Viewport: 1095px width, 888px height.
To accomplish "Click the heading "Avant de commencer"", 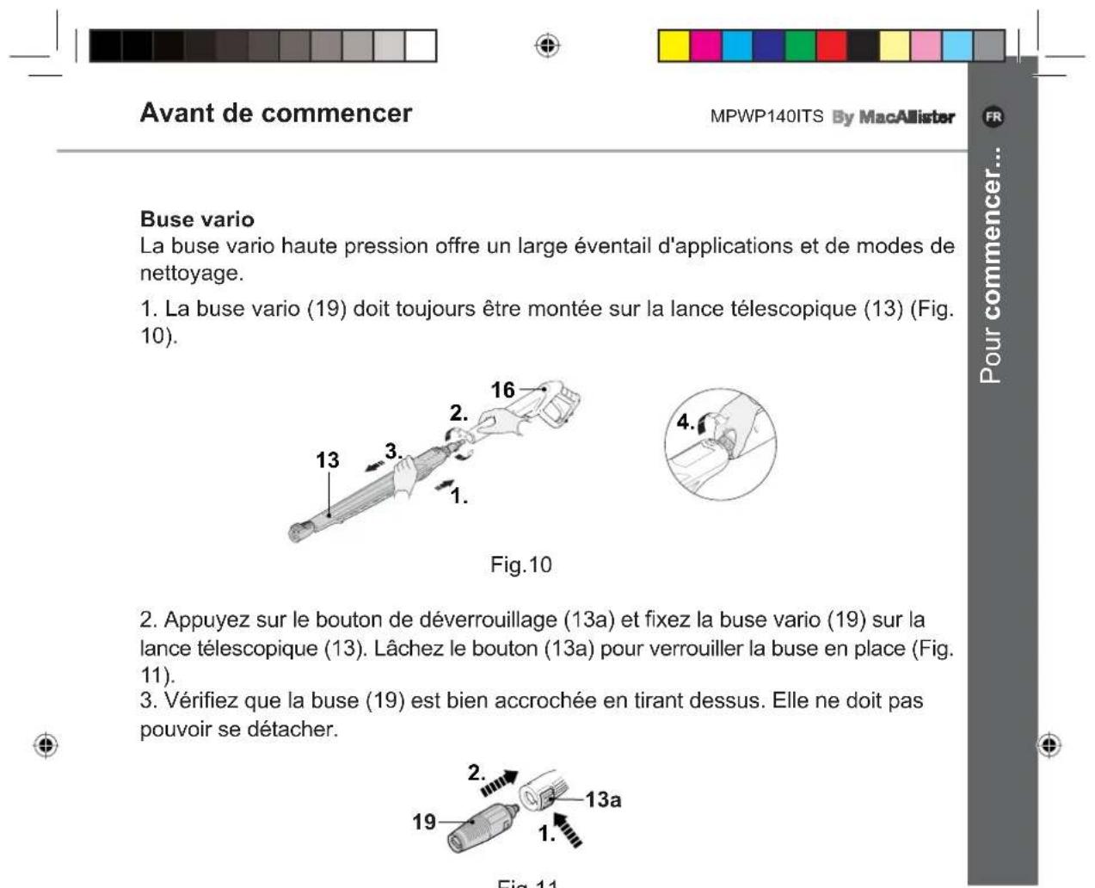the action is [x=276, y=113].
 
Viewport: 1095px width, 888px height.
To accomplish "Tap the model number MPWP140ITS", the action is [x=766, y=117].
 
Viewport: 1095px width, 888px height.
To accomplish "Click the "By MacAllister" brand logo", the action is [x=894, y=117].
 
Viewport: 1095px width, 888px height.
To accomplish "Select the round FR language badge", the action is [x=993, y=117].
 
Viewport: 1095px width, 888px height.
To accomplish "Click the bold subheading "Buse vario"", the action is [x=197, y=219].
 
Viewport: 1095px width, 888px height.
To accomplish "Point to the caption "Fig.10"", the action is [x=520, y=564].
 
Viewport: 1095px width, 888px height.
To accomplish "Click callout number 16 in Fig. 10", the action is [x=502, y=390].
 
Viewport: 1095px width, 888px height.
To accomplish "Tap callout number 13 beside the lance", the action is [x=328, y=460].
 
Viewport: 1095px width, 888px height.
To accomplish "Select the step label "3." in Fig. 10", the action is [x=394, y=452].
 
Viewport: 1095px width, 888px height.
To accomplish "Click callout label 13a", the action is [x=603, y=799].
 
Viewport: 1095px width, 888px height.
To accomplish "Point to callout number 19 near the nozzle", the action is [x=424, y=822].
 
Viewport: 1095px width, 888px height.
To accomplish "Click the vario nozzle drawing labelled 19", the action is [x=483, y=826].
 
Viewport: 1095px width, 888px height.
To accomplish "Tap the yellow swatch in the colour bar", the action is [x=674, y=46].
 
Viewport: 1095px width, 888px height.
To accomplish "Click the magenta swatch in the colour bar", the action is [x=706, y=46].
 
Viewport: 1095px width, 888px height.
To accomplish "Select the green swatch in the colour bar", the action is [x=801, y=46].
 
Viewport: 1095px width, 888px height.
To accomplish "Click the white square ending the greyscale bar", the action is [x=421, y=46].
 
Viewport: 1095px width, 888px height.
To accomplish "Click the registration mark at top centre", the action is [x=547, y=46].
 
